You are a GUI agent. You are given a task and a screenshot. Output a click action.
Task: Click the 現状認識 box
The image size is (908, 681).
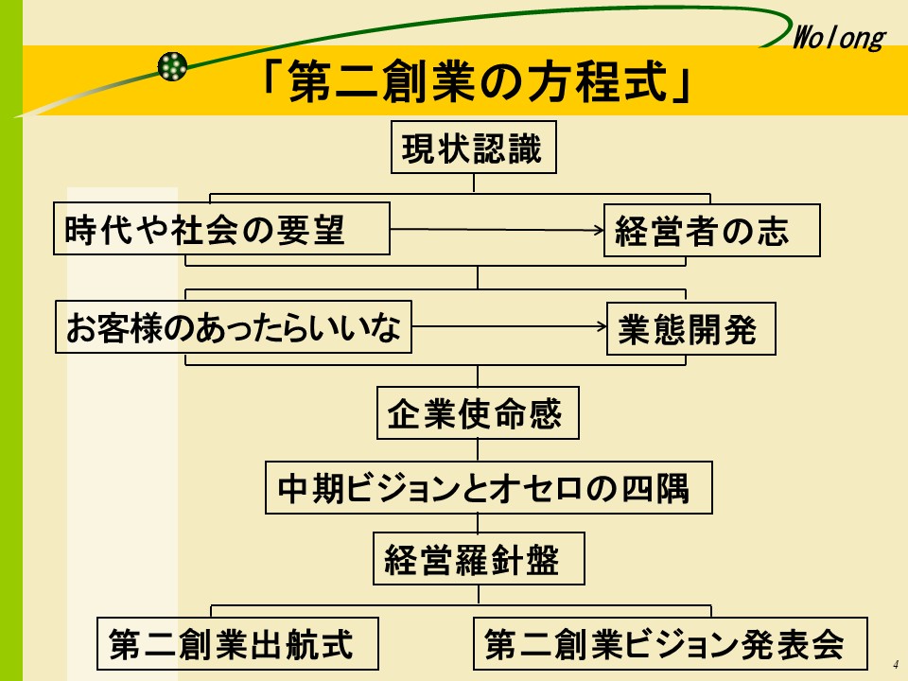point(473,148)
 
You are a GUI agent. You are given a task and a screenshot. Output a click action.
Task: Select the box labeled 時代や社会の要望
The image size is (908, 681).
point(221,229)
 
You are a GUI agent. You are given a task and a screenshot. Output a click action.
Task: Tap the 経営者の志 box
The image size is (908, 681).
point(711,231)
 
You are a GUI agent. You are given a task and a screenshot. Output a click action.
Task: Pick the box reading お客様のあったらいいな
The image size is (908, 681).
point(233,328)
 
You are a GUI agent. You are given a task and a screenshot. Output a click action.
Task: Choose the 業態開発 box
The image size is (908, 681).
point(690,329)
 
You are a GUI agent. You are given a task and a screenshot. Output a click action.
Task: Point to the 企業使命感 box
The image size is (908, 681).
point(477,413)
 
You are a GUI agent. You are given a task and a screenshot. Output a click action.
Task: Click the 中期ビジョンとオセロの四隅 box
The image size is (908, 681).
point(488,487)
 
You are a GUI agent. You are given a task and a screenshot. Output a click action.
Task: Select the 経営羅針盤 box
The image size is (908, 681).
point(478,559)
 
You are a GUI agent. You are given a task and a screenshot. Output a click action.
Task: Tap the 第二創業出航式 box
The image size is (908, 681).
point(238,643)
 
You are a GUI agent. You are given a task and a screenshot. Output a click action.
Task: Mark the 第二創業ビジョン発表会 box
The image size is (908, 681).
point(670,643)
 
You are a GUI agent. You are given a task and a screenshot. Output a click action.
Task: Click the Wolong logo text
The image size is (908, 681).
point(836,38)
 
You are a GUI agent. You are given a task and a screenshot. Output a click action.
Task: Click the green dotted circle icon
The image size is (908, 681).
point(172,65)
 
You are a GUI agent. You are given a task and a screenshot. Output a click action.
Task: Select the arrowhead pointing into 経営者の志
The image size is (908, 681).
point(598,230)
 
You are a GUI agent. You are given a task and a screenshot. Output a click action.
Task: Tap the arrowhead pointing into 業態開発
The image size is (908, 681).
point(601,328)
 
